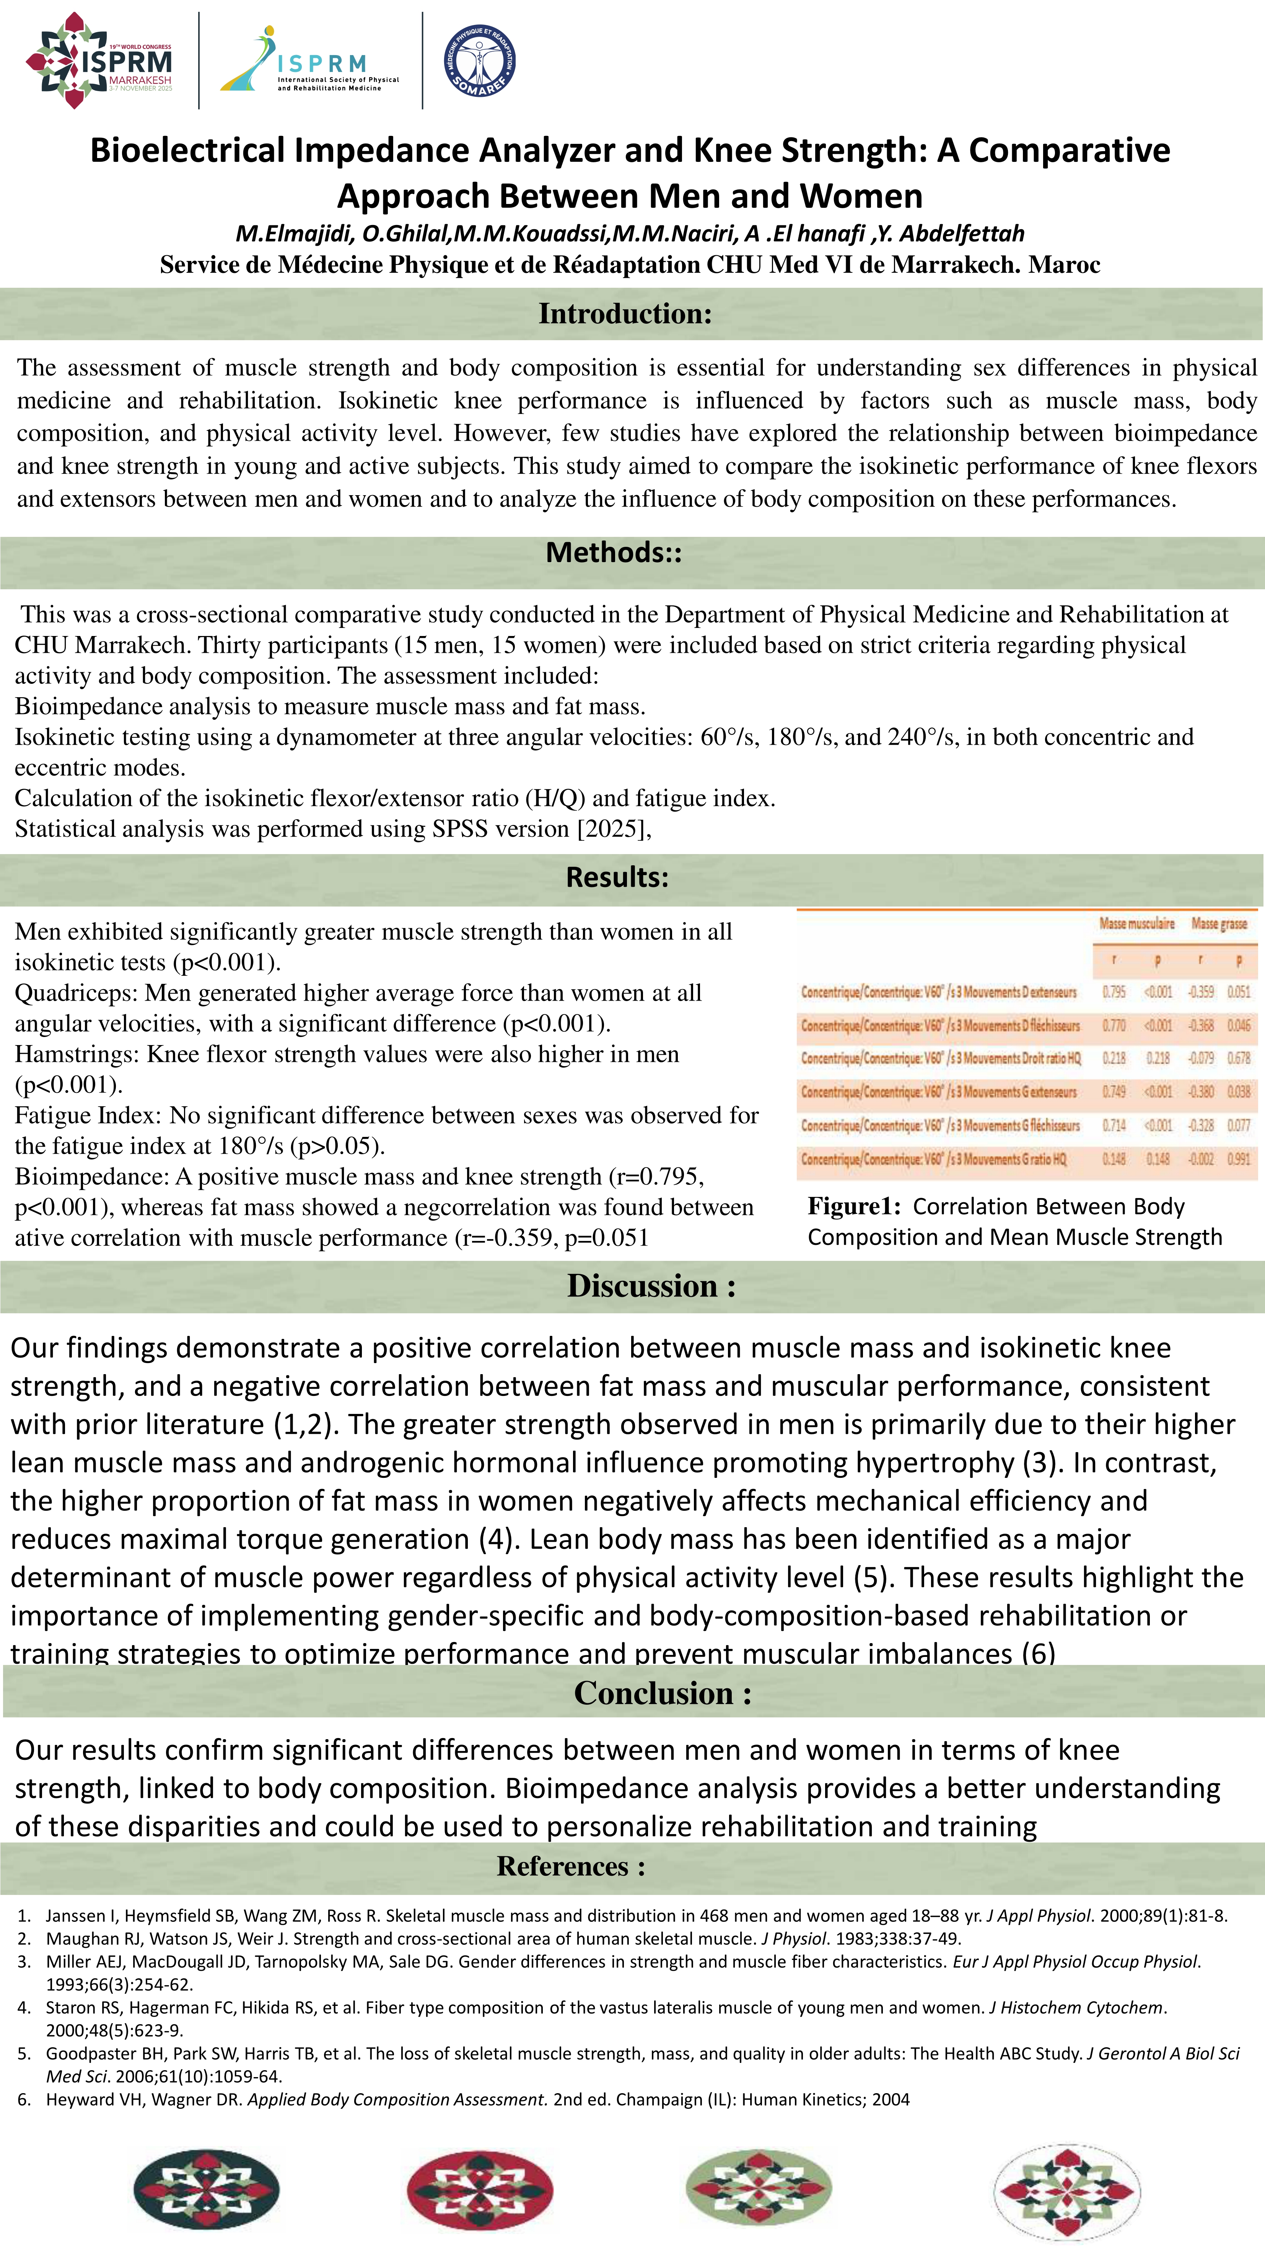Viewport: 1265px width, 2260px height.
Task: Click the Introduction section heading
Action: [x=625, y=313]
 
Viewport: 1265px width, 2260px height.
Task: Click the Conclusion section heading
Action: [x=662, y=1693]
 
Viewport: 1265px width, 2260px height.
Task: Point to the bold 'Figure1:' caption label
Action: [x=853, y=1206]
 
